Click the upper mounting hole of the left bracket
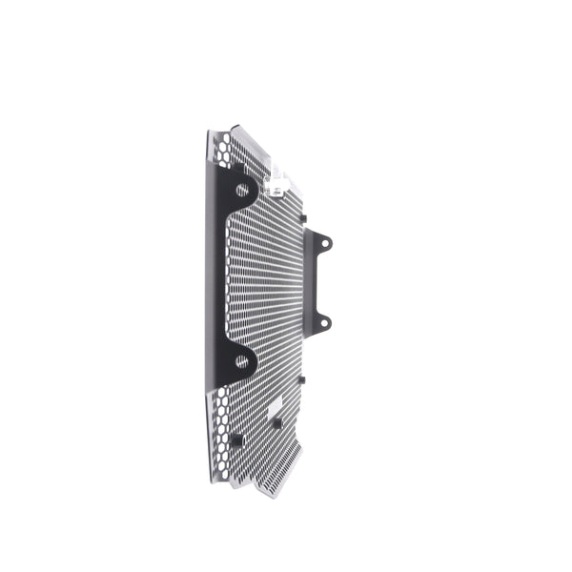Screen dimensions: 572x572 [x=242, y=190]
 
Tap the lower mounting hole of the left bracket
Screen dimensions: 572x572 [x=242, y=362]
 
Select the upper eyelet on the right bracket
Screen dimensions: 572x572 [x=325, y=244]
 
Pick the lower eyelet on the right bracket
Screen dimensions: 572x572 [x=324, y=323]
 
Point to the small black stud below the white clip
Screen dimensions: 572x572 [x=302, y=218]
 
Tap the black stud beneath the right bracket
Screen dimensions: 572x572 [x=300, y=378]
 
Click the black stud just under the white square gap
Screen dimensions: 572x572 [x=276, y=422]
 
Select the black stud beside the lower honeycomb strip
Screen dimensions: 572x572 [x=236, y=439]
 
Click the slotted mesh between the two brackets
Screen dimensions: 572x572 [x=272, y=286]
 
